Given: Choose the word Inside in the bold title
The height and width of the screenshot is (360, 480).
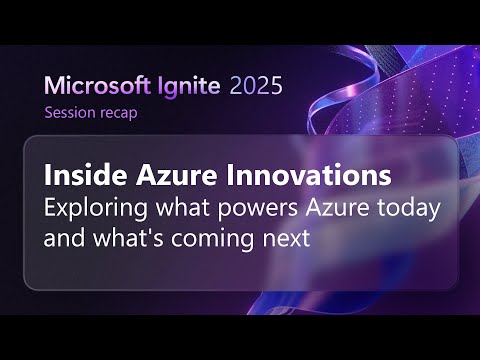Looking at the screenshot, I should click(x=79, y=176).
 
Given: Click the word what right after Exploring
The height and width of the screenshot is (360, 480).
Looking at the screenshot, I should click(x=171, y=209).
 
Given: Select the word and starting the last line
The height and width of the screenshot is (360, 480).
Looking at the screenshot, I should click(x=63, y=240).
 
